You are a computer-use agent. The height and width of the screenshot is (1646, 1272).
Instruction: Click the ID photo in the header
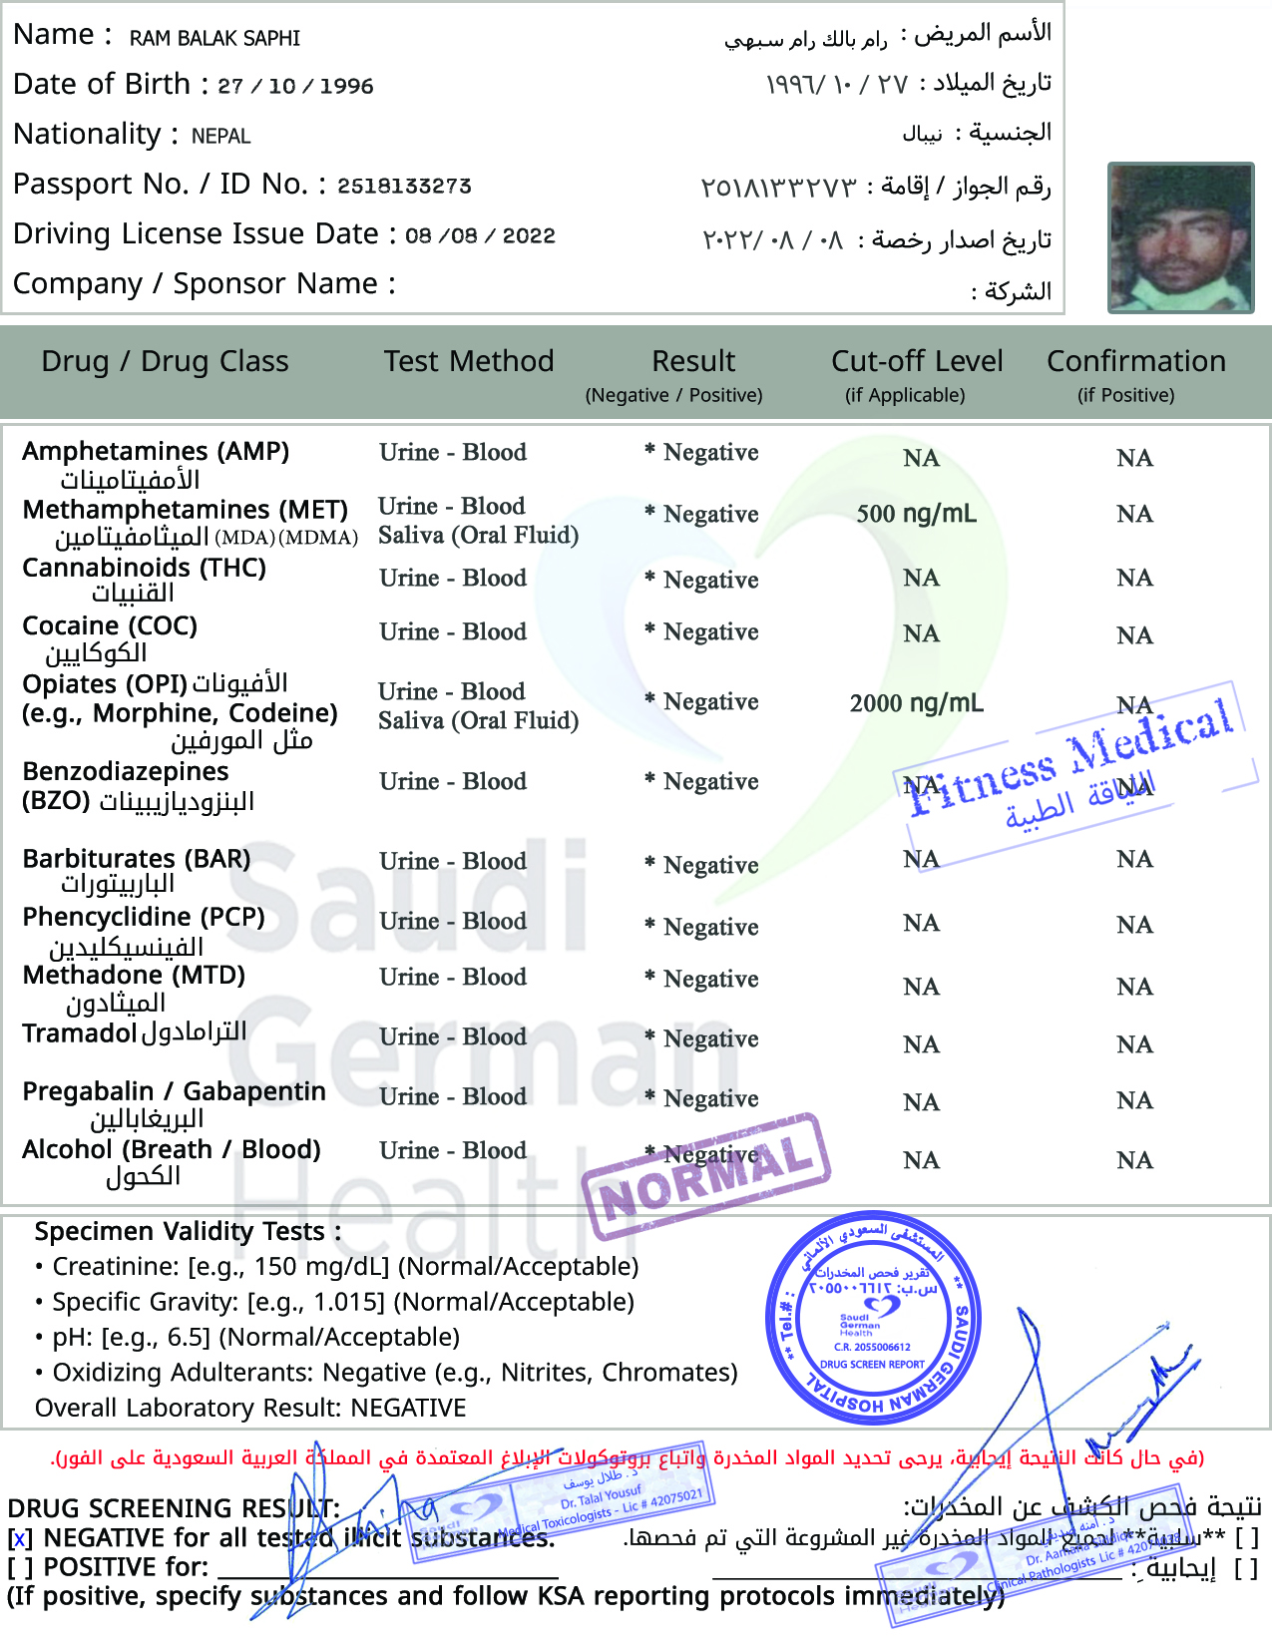click(1180, 237)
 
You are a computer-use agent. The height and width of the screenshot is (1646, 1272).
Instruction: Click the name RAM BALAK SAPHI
click(214, 39)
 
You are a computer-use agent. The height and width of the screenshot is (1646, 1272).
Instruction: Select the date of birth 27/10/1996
click(295, 86)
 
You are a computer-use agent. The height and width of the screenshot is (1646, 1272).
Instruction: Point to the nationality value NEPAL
click(221, 136)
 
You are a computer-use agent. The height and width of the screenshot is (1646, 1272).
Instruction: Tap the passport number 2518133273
click(404, 186)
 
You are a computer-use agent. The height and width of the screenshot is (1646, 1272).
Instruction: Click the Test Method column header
click(469, 361)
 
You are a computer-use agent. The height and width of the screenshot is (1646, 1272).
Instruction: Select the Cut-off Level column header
click(917, 361)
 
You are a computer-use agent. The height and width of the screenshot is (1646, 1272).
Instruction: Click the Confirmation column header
click(1135, 361)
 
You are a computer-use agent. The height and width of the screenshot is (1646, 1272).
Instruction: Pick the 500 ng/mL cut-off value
click(916, 514)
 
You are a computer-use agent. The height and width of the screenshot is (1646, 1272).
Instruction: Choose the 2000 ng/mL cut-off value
click(916, 703)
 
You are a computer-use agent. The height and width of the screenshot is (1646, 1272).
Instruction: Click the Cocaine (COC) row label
click(110, 626)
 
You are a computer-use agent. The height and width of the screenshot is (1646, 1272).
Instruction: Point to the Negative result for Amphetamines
click(710, 453)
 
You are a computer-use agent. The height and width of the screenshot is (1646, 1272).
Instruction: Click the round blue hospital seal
click(873, 1317)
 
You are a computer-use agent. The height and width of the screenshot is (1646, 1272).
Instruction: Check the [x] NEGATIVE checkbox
click(20, 1539)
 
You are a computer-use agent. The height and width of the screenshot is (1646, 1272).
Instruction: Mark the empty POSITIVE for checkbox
click(20, 1568)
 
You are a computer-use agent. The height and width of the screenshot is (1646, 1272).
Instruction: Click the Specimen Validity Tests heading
click(188, 1232)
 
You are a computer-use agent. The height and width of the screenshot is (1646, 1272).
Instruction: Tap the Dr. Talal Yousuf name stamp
click(604, 1496)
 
